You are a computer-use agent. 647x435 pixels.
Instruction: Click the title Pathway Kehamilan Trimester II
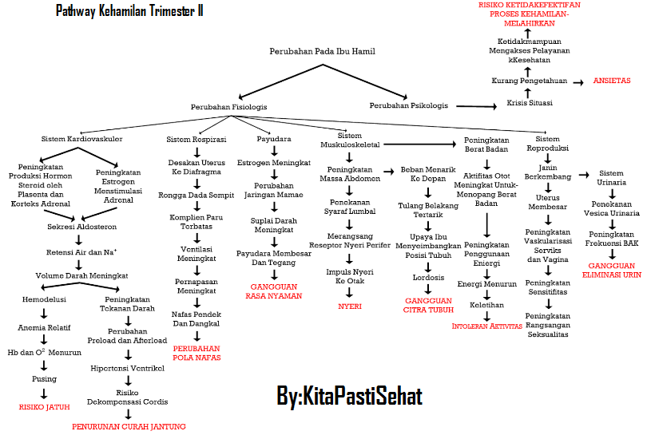pos(129,11)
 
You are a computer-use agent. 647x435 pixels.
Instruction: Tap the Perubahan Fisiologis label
pos(228,106)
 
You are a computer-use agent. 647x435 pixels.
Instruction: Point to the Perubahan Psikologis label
pos(408,105)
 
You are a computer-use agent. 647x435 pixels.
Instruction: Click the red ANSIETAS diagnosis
pos(612,81)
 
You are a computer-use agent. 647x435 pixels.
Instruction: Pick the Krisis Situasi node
pos(529,102)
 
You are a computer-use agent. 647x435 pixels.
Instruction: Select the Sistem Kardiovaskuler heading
pos(81,139)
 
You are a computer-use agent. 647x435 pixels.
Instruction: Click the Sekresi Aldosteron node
pos(77,227)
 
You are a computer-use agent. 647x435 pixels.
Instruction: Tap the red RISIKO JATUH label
pos(45,406)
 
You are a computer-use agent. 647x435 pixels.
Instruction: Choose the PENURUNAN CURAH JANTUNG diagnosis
pos(129,426)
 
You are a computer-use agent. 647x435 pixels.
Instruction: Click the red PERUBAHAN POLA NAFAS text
pos(196,353)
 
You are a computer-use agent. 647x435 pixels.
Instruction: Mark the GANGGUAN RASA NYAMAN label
pos(274,291)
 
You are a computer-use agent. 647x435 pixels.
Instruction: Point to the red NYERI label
pos(349,306)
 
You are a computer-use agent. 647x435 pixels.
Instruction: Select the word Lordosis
pos(427,277)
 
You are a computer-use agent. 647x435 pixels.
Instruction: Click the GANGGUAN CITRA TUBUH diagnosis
pos(428,305)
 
